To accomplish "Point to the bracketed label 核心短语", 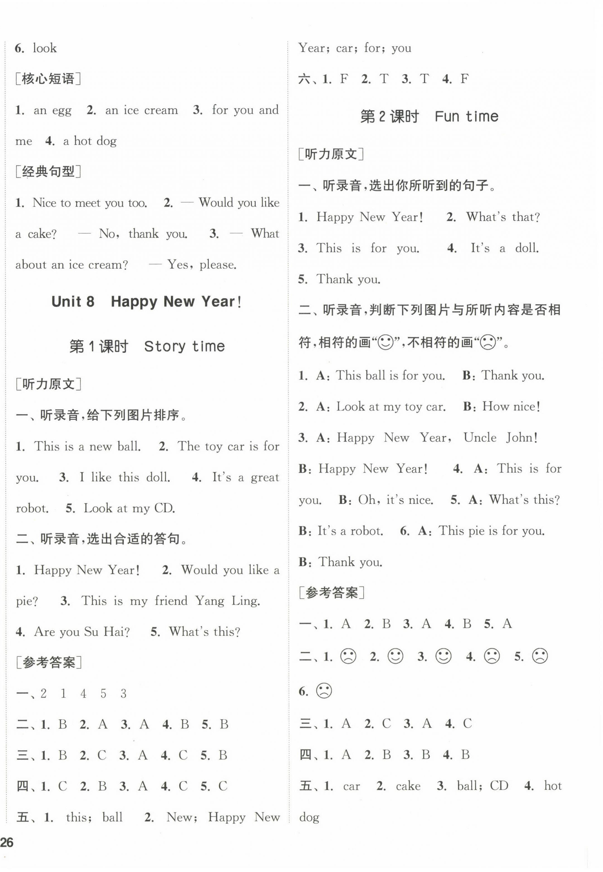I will coord(48,79).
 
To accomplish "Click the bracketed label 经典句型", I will coord(48,172).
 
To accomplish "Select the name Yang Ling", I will coord(227,601).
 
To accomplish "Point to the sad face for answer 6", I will coord(324,691).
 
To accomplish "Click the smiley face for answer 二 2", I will coord(396,656).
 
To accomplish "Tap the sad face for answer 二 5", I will coord(540,656).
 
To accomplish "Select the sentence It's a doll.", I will coord(504,248).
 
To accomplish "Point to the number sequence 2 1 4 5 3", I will coord(83,694).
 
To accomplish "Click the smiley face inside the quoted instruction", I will coord(386,343).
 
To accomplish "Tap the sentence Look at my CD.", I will coord(129,508).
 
